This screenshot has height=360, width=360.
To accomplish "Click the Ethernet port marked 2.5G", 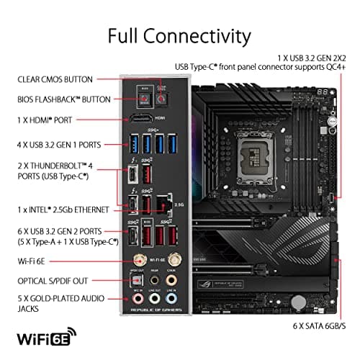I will tap(163, 202).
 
